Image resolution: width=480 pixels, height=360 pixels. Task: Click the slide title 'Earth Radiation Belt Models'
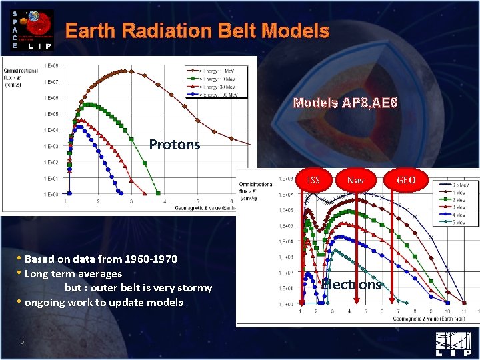pos(197,31)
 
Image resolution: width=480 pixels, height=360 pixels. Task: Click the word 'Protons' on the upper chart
pos(174,144)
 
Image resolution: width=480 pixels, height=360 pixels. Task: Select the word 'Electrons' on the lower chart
pos(351,285)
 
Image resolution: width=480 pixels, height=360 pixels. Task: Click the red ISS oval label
pos(314,180)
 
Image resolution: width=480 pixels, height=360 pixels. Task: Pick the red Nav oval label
pos(355,180)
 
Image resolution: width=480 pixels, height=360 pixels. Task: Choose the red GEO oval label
pos(406,180)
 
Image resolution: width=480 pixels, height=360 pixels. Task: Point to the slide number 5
pos(22,342)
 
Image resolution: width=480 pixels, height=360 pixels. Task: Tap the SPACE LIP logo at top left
pos(29,30)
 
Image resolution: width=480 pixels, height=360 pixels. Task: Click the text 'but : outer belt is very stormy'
pos(138,288)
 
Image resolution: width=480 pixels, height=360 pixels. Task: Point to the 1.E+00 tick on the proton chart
pos(51,194)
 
